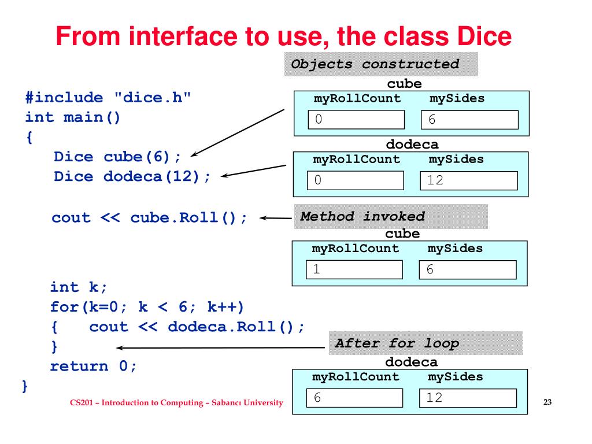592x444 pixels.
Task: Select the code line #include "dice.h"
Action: [x=108, y=98]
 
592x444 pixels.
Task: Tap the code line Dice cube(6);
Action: [x=117, y=157]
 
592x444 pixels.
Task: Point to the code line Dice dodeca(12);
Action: [x=132, y=176]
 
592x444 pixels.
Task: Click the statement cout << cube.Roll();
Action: [x=150, y=218]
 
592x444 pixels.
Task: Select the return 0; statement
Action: [x=94, y=366]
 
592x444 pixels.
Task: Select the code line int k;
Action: [x=79, y=287]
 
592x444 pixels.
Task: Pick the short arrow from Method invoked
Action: [x=275, y=219]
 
